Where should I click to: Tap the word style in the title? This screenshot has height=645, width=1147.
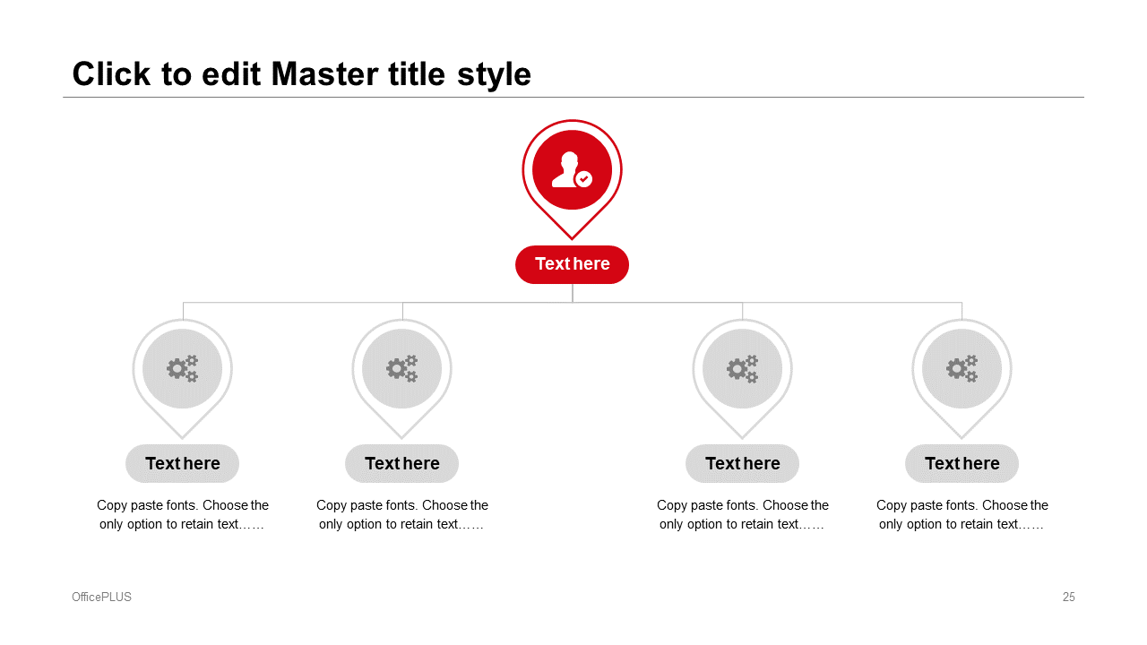point(494,75)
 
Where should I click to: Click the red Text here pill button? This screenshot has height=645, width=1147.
point(572,264)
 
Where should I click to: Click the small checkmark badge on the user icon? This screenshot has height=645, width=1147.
point(583,179)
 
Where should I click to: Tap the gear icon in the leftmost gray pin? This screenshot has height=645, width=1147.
point(182,368)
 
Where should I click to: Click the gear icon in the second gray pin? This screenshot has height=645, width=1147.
point(402,368)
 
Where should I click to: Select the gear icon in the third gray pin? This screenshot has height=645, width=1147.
point(743,368)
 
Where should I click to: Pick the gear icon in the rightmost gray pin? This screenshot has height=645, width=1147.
point(962,368)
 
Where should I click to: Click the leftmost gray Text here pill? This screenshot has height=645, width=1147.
point(182,463)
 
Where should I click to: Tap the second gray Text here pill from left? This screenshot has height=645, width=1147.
point(402,463)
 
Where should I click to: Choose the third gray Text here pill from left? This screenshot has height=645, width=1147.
point(743,463)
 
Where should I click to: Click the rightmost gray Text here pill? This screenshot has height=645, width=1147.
point(962,463)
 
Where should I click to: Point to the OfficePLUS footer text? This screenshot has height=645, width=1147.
point(101,597)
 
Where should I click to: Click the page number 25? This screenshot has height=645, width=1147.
point(1069,597)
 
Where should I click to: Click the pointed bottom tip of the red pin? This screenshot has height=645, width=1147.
point(572,239)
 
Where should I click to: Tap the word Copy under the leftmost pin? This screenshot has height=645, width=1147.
point(112,506)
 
